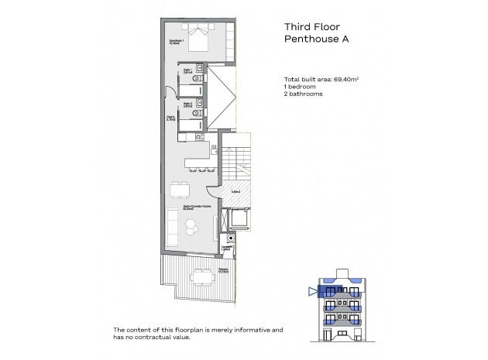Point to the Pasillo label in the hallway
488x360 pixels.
coord(169,119)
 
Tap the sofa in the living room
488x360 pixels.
coord(170,225)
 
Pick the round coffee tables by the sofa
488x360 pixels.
coord(191,227)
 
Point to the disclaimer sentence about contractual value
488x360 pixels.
coord(198,334)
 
